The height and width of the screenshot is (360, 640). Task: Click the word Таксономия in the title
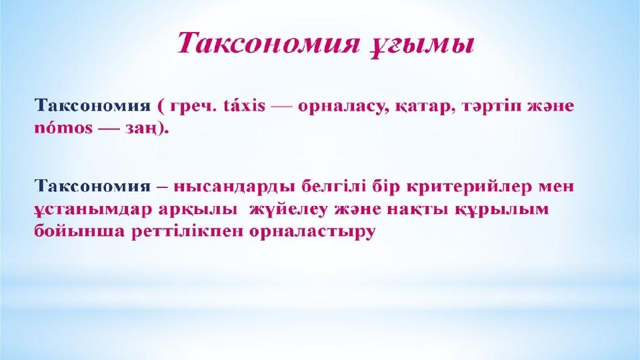(269, 43)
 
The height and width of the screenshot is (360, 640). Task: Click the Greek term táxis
(245, 106)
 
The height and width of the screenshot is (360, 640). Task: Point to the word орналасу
(344, 107)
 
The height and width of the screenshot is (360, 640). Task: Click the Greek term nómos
(64, 128)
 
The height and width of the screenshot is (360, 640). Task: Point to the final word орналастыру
(312, 232)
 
